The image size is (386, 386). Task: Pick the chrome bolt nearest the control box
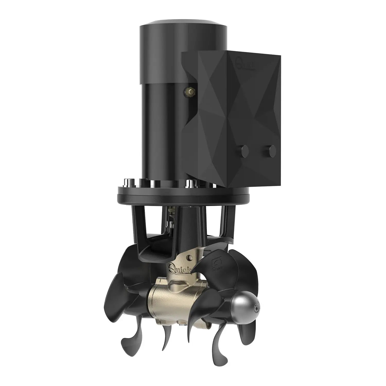click(x=190, y=184)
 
